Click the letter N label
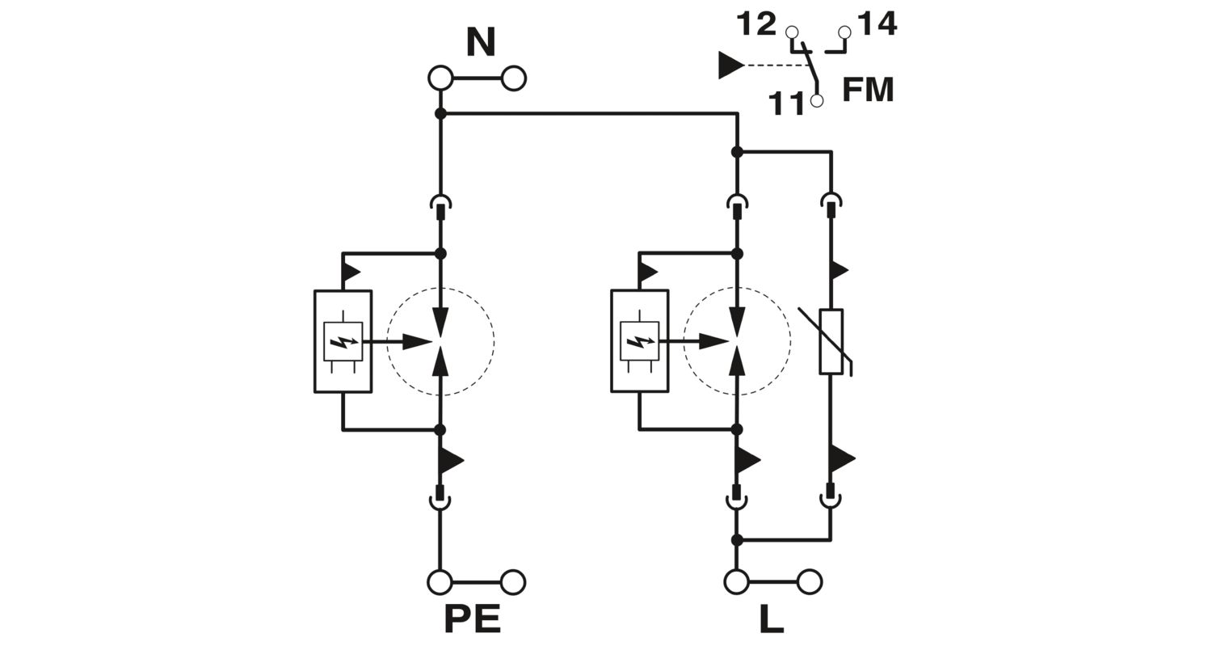480,42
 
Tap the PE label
472,619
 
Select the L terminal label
771,619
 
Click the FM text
868,89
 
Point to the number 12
755,24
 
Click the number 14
877,24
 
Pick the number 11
786,103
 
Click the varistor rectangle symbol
831,341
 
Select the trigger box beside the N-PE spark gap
343,341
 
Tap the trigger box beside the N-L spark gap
639,341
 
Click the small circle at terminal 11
817,101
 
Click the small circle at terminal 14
845,32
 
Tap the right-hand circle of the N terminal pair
514,78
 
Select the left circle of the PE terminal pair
440,582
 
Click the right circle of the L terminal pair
810,582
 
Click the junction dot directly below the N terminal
440,114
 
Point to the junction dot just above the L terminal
737,539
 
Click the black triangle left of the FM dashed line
730,65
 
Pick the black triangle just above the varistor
839,270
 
